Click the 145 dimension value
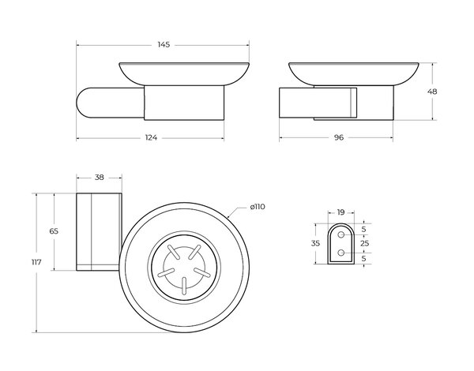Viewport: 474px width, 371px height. click(164, 45)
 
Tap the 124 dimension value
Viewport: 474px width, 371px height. click(151, 138)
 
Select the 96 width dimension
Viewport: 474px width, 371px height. click(339, 137)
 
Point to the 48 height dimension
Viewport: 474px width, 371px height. click(432, 92)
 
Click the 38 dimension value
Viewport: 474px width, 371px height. click(100, 178)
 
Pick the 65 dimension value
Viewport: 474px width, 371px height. click(54, 231)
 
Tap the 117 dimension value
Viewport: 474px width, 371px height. click(36, 262)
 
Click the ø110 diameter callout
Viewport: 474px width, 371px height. click(258, 207)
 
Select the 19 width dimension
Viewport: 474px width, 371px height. click(340, 212)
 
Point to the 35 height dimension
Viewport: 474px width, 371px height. click(315, 243)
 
